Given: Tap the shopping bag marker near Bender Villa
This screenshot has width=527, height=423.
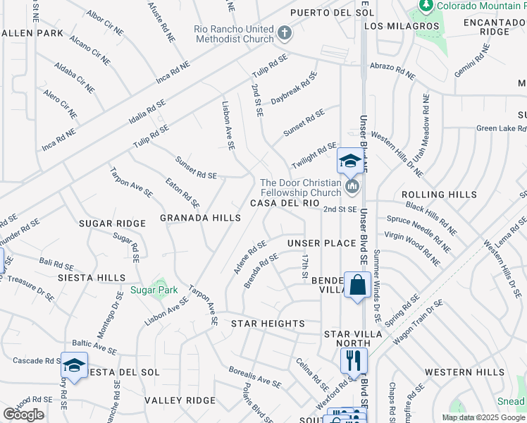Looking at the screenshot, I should coord(357,286).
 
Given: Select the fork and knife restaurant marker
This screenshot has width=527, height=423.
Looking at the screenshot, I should coord(354,360).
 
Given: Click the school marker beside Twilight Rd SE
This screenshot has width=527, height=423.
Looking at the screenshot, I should coord(349,161).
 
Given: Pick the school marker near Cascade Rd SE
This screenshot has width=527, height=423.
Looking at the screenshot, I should coord(74,364).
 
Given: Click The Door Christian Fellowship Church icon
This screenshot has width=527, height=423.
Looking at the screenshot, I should coord(352,187).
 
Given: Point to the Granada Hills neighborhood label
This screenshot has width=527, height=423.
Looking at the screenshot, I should coord(200,219).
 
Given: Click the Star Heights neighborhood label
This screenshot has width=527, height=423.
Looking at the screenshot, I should coord(268,324).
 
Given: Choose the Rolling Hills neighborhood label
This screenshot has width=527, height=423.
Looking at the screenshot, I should coord(433,195).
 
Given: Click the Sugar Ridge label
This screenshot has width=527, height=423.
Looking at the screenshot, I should coord(112,223).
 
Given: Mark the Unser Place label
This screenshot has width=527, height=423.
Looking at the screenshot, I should coord(322,243).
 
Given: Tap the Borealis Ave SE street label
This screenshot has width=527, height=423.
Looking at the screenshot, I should coord(255,376).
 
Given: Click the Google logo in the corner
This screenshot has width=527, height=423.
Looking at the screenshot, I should coord(23,415).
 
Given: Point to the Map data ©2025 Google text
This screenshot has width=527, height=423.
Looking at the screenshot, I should coord(483,417).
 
